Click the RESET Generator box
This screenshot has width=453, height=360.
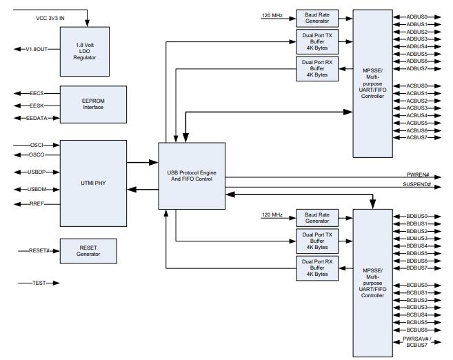coord(88,250)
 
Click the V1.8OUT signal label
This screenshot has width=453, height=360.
coord(37,49)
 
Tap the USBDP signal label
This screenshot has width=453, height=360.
coord(37,172)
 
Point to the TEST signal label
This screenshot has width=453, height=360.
coord(38,283)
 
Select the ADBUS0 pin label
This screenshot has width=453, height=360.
coord(416,17)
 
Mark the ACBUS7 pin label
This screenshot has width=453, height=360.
coord(416,138)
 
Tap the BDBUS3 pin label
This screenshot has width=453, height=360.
coord(416,239)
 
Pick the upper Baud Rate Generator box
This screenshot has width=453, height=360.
coord(317,18)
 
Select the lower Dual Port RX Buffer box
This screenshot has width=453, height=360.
coord(317,268)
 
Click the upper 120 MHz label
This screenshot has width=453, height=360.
coord(272,15)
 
